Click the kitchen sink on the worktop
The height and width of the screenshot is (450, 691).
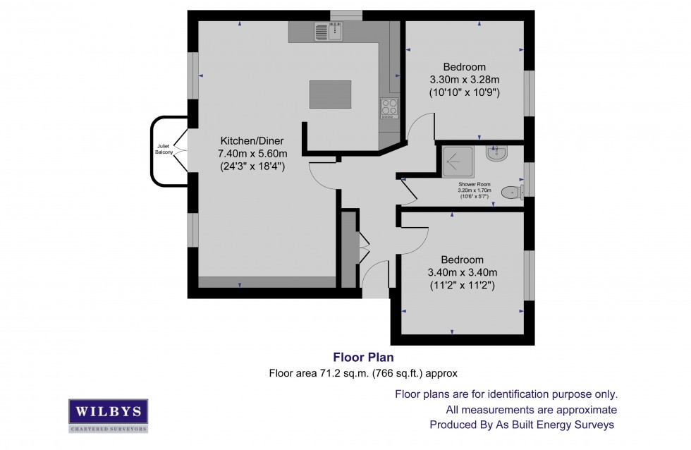coord(328,31)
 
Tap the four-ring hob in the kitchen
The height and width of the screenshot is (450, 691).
coord(389,107)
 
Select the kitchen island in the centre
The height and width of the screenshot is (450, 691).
coord(330,95)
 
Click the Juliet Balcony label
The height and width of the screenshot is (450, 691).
coord(164,151)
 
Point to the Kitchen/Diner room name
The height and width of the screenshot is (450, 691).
coord(252,140)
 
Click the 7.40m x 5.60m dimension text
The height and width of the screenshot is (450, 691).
coord(252,154)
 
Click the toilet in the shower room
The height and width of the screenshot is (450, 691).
coord(510,192)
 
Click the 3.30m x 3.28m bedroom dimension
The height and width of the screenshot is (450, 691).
coord(465,79)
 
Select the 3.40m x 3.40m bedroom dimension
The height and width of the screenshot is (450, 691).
coord(463,272)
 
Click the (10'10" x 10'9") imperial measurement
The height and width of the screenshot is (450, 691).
coord(465,92)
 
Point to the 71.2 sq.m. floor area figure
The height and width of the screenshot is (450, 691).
coord(312,372)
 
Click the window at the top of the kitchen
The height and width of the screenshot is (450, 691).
coord(345,14)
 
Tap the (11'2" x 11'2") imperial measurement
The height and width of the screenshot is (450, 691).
coord(463,286)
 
